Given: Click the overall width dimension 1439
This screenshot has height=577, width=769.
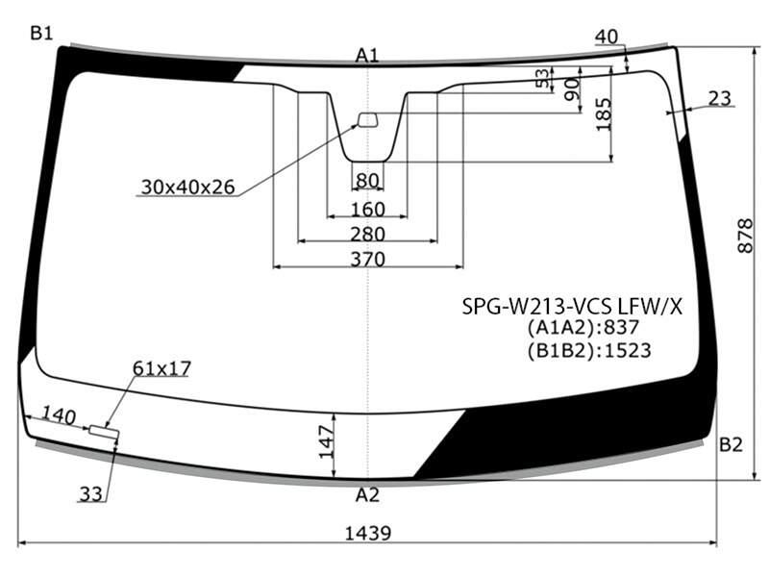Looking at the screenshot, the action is click(368, 533).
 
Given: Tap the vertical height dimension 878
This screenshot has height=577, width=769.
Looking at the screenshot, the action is click(745, 236).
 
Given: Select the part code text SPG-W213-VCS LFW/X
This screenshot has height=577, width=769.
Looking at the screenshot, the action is click(572, 307).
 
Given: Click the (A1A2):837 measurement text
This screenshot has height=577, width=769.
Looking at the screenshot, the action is click(583, 327).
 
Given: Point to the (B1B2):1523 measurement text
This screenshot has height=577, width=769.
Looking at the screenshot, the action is click(589, 350).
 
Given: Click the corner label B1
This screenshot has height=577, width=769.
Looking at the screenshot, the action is click(41, 33).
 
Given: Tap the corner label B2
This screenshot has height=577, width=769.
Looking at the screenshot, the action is click(731, 444).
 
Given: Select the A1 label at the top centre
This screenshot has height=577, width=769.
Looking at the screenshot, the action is click(367, 56).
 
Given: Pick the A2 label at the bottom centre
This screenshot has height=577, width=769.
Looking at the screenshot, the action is click(368, 495).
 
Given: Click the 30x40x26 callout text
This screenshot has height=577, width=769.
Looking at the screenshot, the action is click(188, 187).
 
